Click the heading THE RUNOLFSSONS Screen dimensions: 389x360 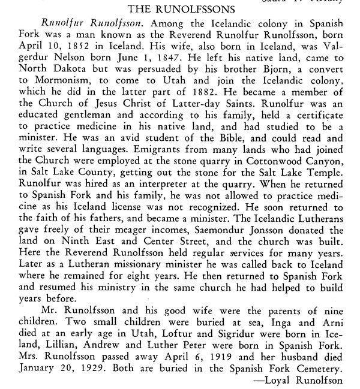click(180, 10)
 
